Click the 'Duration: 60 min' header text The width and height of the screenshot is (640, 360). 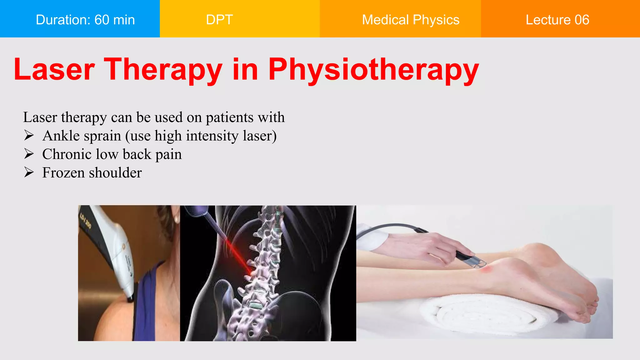click(85, 20)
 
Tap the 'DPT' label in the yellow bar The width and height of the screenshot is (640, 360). click(219, 20)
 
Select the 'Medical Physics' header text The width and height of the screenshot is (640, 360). click(410, 20)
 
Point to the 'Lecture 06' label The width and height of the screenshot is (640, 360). click(557, 20)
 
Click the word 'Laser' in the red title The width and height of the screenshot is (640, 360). click(54, 69)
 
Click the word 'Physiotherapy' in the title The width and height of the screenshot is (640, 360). click(373, 69)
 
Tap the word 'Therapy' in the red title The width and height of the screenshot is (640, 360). click(163, 69)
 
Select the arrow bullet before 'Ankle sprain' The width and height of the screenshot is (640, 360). click(29, 136)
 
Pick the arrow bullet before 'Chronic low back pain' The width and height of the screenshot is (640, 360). click(29, 154)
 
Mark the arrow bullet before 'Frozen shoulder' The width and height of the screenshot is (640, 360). click(29, 172)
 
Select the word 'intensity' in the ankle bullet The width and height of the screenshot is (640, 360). click(212, 136)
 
